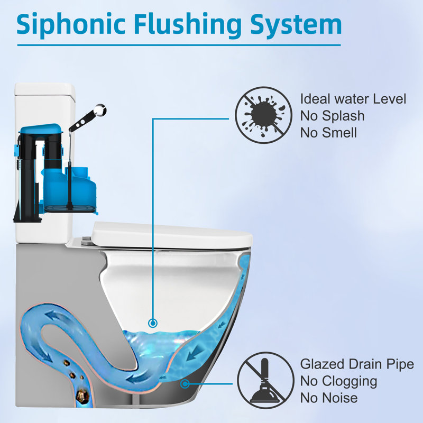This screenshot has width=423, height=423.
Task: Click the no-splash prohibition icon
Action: point(263,115)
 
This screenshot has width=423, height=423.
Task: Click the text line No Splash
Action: point(333,115)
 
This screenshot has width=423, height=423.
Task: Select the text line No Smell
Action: point(328,132)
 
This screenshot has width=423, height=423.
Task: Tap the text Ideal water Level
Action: point(353,98)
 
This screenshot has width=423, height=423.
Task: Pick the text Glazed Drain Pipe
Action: point(357,364)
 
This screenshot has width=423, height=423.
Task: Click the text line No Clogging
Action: point(339,381)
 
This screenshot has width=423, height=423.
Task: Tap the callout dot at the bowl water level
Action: point(153,322)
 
